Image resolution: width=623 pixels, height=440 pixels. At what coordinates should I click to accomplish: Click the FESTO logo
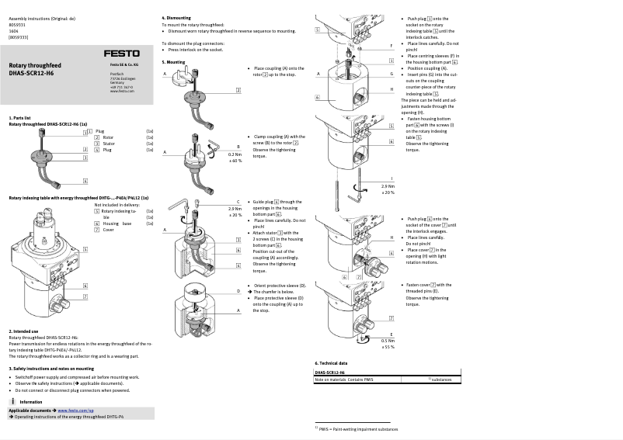tap(122, 54)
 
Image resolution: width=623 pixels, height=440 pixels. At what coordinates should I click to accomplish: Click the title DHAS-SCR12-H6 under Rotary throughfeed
tap(31, 73)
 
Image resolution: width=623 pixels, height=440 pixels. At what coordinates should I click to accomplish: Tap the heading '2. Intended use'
tap(23, 331)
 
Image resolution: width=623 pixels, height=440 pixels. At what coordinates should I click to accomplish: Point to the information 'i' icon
tap(14, 401)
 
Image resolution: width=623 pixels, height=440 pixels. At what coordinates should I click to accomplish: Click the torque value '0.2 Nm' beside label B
tap(235, 154)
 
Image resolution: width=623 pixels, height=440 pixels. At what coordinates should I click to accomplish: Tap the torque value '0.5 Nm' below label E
tap(387, 340)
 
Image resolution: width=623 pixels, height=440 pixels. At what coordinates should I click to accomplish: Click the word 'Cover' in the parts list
tap(109, 230)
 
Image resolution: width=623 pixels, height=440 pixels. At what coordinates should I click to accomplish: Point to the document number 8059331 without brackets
tap(18, 23)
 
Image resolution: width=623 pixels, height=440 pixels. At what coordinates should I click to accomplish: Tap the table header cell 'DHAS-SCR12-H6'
tap(331, 372)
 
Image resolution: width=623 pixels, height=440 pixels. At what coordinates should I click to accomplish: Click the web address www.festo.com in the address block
tap(120, 91)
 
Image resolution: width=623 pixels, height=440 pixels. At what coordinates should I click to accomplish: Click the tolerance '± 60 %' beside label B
tap(235, 161)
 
